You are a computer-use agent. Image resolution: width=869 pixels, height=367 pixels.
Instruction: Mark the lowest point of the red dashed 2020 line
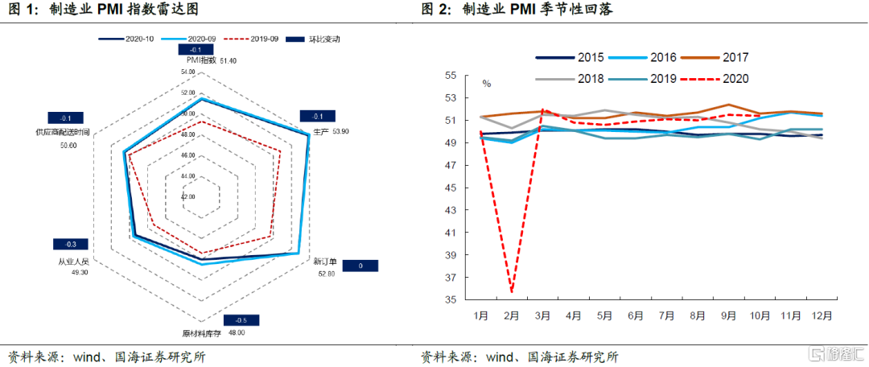tap(512, 291)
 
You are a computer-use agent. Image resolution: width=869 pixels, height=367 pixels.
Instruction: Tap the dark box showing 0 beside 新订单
tap(360, 266)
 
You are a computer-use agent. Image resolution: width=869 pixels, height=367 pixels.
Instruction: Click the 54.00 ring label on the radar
tap(189, 72)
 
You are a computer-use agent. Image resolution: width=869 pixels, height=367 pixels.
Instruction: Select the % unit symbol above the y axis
tap(486, 83)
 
